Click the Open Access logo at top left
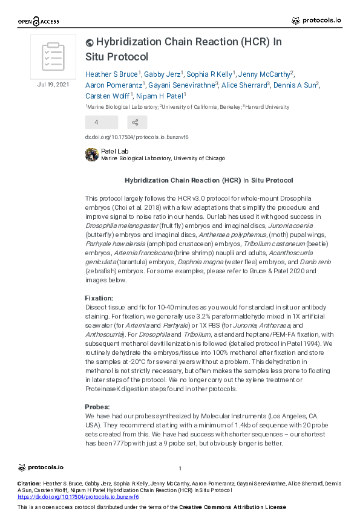coord(38,22)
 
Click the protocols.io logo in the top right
coord(316,21)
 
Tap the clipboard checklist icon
coord(53,57)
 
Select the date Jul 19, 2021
coord(53,84)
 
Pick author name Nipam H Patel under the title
coord(162,96)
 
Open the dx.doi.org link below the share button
coord(137,137)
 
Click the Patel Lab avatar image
coord(92,155)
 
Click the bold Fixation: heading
coord(99,299)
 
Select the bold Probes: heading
coord(97,407)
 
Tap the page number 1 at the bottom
coord(180,468)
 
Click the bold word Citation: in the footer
coord(30,484)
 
